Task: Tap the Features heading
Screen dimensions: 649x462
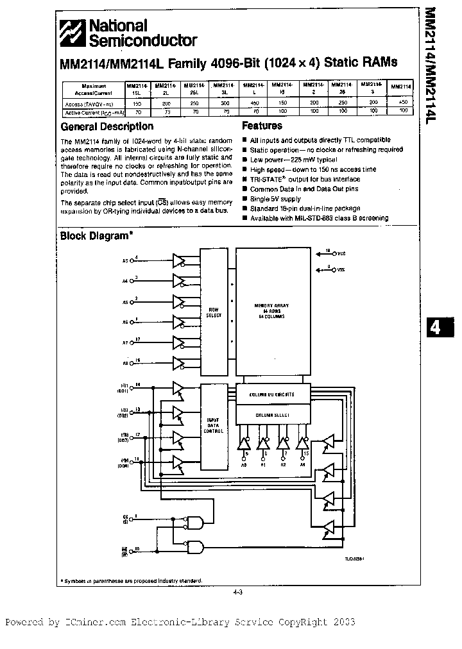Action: [x=262, y=126]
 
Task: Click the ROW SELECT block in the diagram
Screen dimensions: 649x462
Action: [x=213, y=313]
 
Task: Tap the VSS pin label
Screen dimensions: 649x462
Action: [x=341, y=270]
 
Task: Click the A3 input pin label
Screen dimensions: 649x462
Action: [x=126, y=261]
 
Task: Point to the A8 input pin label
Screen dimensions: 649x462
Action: [x=126, y=364]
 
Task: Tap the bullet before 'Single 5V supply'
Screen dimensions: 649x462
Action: [x=245, y=199]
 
